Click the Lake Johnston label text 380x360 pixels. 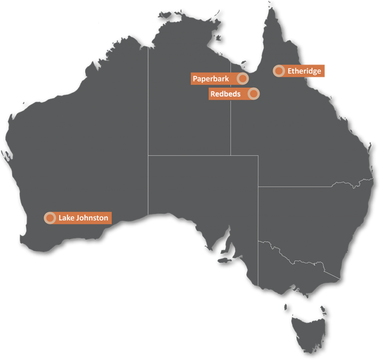pyautogui.click(x=83, y=218)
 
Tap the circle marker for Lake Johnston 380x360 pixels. pyautogui.click(x=50, y=218)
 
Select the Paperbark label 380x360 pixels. pyautogui.click(x=211, y=79)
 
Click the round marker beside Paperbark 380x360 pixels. pyautogui.click(x=243, y=79)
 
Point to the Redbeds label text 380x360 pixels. pyautogui.click(x=225, y=94)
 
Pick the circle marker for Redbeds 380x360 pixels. pyautogui.click(x=254, y=94)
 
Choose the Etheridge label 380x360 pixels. pyautogui.click(x=304, y=71)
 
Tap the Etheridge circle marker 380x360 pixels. pyautogui.click(x=279, y=71)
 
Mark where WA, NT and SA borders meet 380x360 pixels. pyautogui.click(x=148, y=155)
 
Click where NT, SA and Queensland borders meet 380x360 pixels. pyautogui.click(x=231, y=155)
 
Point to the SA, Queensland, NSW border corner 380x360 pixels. pyautogui.click(x=258, y=187)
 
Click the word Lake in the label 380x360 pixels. pyautogui.click(x=66, y=218)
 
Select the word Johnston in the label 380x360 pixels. pyautogui.click(x=92, y=218)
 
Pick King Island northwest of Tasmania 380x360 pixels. pyautogui.click(x=285, y=307)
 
